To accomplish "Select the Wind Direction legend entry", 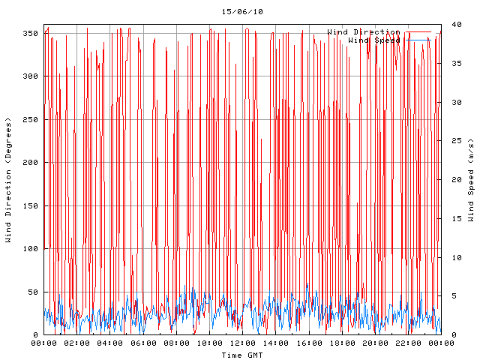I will coord(364,32).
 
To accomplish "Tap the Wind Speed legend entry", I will coord(374,40).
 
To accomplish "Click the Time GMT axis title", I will coord(241,355).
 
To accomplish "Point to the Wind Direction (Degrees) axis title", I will coord(8,180).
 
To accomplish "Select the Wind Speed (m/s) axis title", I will coord(471,180).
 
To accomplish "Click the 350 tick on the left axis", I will coord(30,34).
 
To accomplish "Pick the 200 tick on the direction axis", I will coord(30,163).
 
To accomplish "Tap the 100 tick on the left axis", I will coord(30,249).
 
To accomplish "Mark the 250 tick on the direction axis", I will coord(30,120).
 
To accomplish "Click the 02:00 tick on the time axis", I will coord(77,343).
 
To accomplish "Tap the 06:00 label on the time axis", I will coord(143,343).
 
